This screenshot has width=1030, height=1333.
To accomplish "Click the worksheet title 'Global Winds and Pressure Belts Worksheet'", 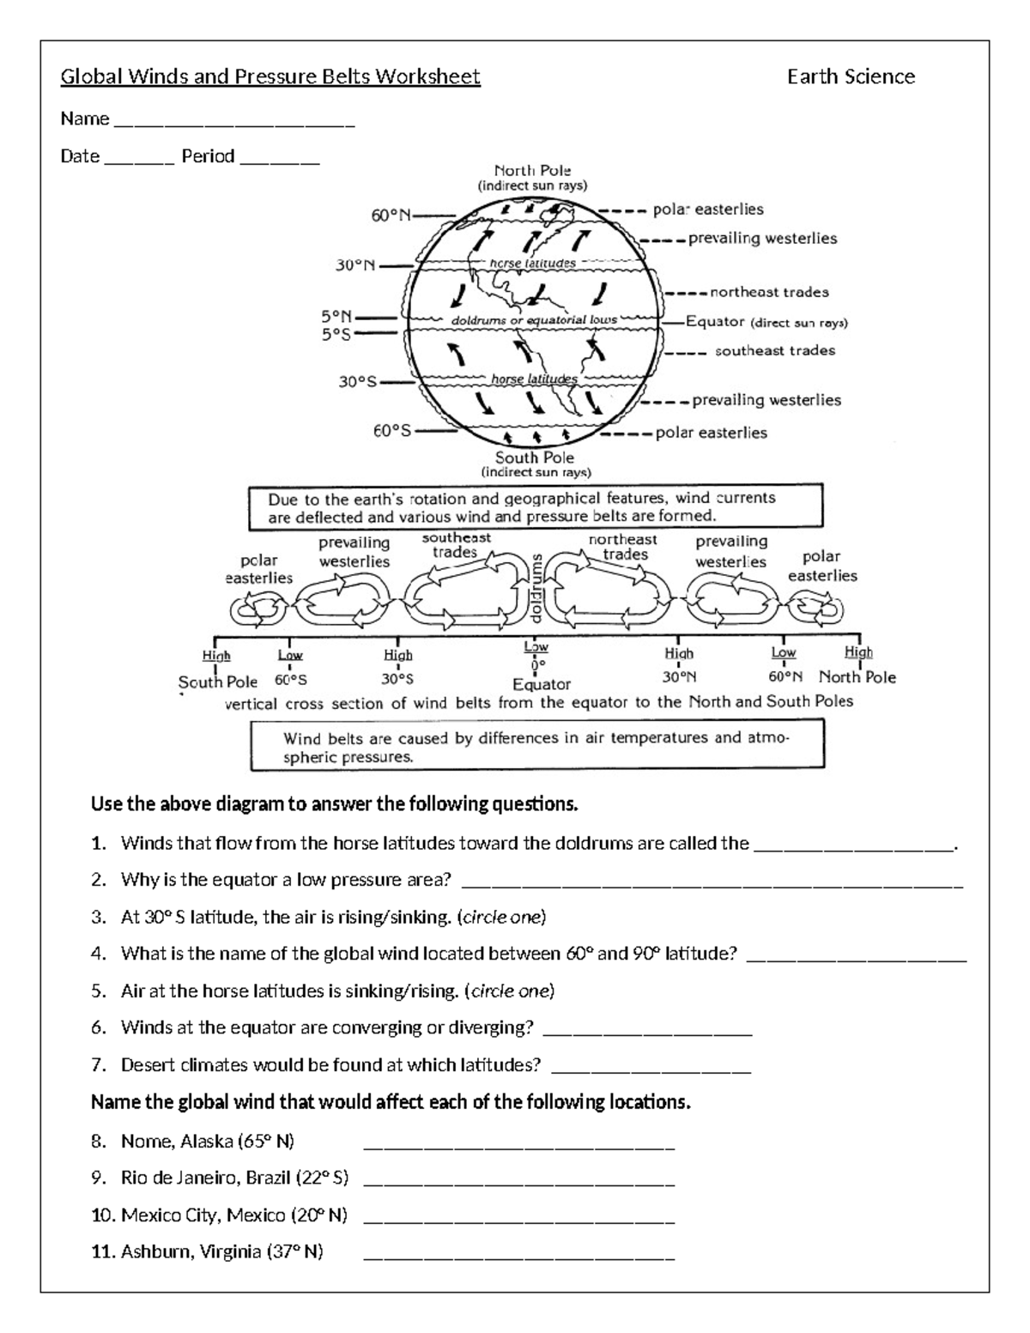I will [x=270, y=77].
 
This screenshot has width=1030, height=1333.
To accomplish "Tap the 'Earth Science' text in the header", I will [x=851, y=77].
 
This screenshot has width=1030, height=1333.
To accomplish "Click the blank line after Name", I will [x=233, y=122].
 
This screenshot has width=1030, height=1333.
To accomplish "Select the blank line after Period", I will [x=280, y=160].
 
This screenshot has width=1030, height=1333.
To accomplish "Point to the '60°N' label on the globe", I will [x=391, y=215].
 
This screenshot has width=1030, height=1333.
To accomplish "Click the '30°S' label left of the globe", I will [x=358, y=381].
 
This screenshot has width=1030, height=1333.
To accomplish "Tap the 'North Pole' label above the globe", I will [x=532, y=171].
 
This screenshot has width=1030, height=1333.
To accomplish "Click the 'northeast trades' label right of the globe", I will [x=769, y=293].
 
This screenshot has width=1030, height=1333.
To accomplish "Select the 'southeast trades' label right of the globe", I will [x=774, y=350].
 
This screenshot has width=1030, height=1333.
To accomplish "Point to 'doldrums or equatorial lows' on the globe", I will [x=534, y=320].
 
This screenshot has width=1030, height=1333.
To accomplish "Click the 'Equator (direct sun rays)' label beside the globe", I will [x=766, y=322].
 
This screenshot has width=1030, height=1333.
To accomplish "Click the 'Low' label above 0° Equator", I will [x=536, y=647].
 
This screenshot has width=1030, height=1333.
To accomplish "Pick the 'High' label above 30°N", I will [x=679, y=654].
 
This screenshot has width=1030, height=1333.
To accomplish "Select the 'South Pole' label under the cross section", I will [x=218, y=682].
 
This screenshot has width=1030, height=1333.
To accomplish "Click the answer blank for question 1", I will [x=853, y=845].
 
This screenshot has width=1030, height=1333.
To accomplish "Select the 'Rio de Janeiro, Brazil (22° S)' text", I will [x=234, y=1178].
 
